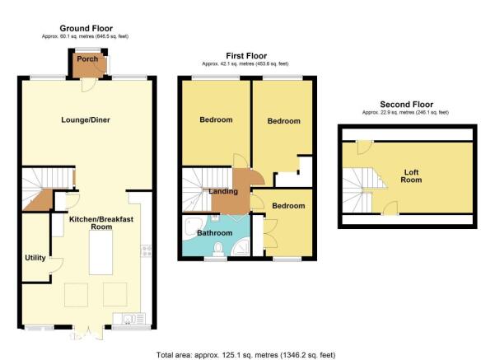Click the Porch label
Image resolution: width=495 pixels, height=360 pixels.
[87, 59]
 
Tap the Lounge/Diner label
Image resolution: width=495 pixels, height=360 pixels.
[86, 120]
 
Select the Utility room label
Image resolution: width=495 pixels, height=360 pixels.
[35, 258]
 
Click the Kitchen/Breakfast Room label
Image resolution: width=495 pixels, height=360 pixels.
[101, 223]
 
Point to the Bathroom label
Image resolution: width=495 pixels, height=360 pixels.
[215, 233]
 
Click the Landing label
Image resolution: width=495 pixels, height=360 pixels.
[223, 191]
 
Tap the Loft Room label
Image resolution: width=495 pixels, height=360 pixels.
[411, 176]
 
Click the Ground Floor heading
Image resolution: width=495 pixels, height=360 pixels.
[86, 28]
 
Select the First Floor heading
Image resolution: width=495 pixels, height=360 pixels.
[246, 56]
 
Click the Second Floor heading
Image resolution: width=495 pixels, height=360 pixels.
[407, 105]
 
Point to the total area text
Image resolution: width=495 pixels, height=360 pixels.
[246, 355]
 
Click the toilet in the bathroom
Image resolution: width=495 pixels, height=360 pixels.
[218, 249]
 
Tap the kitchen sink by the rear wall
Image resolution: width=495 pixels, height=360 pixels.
[129, 319]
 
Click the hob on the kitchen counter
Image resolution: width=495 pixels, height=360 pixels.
[146, 251]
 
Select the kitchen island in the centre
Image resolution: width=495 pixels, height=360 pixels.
[100, 253]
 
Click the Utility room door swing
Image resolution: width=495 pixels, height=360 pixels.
[57, 265]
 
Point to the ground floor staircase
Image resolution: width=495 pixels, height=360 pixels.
[48, 189]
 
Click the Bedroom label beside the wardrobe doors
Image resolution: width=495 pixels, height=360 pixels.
[288, 206]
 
